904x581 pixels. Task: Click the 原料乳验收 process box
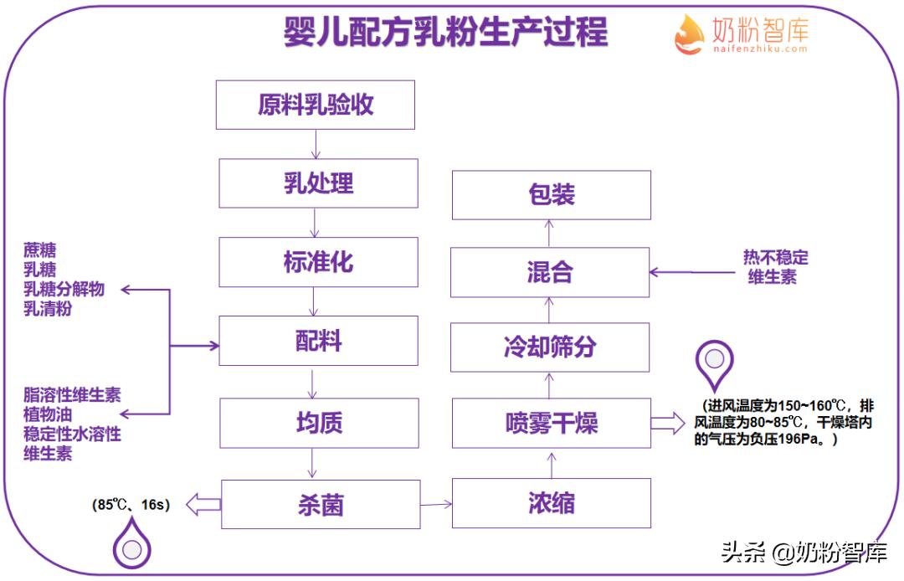[x=316, y=105]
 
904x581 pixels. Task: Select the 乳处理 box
[x=318, y=183]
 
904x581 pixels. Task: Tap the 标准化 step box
[x=318, y=262]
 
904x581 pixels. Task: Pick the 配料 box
[x=318, y=341]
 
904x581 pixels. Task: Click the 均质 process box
[x=319, y=423]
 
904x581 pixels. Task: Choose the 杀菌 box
[x=321, y=504]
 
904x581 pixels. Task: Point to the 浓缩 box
[x=551, y=503]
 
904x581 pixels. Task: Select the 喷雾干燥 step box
[x=551, y=423]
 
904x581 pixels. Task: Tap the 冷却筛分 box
[x=550, y=347]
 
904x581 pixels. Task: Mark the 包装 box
[x=551, y=195]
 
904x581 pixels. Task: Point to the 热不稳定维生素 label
[x=776, y=266]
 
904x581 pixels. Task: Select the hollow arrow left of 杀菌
[x=203, y=504]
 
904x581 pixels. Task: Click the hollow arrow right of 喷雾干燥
[x=667, y=423]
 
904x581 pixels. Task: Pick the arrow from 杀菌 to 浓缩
[x=435, y=504]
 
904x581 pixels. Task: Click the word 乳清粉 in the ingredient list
[x=48, y=309]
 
